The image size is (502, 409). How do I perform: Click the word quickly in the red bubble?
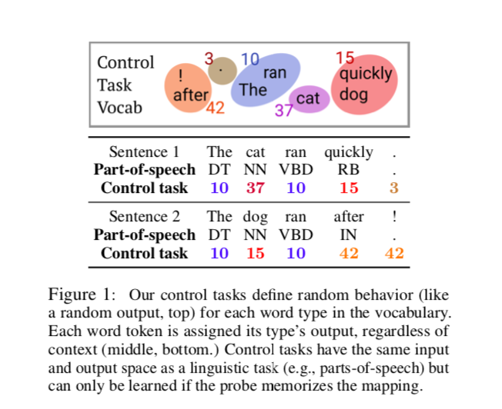(x=366, y=75)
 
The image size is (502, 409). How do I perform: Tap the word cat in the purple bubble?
(x=308, y=98)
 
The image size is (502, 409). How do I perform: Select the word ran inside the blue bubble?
(x=275, y=73)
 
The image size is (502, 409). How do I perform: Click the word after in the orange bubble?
(x=191, y=95)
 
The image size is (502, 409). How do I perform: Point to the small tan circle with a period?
(x=223, y=71)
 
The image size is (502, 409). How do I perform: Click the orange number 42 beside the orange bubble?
(x=215, y=108)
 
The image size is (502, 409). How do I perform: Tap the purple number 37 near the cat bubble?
(x=284, y=110)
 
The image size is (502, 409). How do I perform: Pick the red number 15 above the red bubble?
(x=345, y=57)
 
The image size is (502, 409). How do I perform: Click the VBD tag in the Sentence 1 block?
(x=296, y=170)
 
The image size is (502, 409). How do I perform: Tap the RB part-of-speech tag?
(x=349, y=170)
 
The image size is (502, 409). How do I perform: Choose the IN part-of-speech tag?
(x=349, y=234)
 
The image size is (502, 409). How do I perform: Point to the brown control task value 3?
(x=394, y=188)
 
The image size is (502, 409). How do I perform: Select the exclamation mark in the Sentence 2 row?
(x=394, y=217)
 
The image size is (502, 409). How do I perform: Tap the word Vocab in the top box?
(x=119, y=108)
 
